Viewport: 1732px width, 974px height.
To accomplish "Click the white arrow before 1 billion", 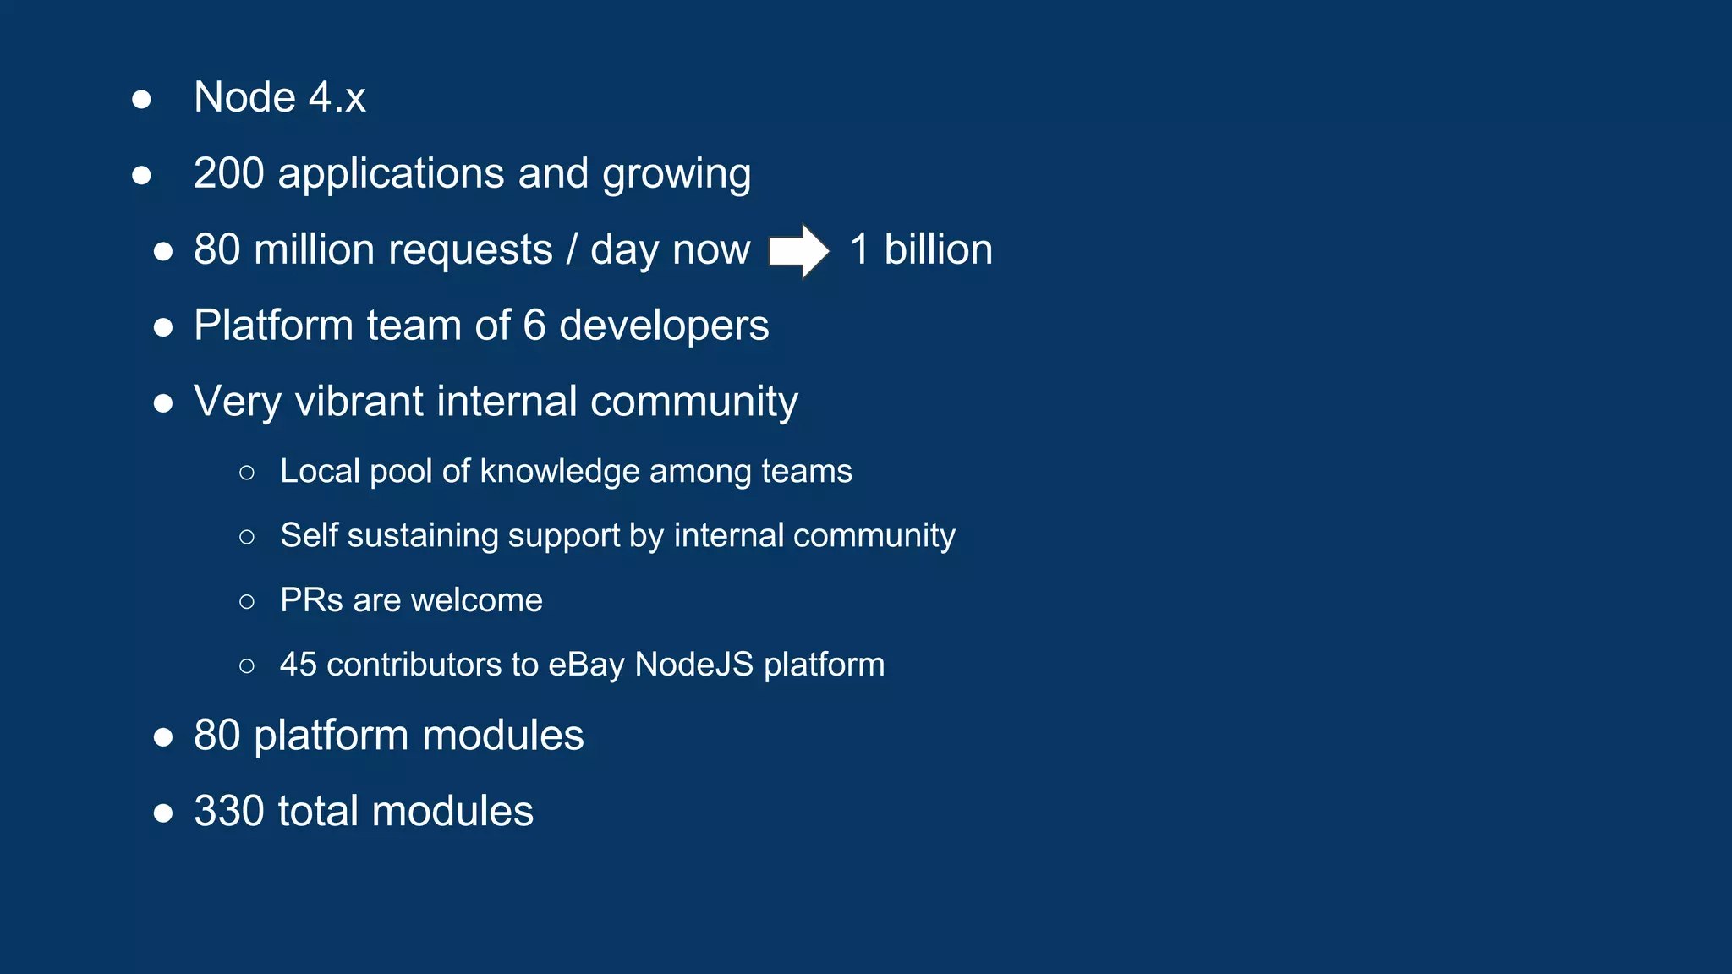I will (x=798, y=250).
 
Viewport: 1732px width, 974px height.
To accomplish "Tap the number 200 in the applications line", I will (x=228, y=173).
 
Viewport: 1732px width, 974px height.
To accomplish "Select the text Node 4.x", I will (x=279, y=97).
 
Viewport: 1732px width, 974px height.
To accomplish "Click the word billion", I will (x=938, y=249).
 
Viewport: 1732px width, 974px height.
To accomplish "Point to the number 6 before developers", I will (x=534, y=326).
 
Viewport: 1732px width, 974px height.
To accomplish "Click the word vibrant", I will (x=359, y=401).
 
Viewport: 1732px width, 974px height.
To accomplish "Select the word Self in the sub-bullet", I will (x=308, y=535).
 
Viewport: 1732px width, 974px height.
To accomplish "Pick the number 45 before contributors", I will (x=298, y=665).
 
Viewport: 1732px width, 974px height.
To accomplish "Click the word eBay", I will (x=586, y=665).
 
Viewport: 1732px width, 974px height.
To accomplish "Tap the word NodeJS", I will (x=693, y=665).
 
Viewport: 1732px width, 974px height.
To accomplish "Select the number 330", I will (x=228, y=811).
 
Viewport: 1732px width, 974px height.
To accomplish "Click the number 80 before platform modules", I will (x=216, y=735).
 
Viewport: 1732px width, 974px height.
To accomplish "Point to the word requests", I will (x=470, y=249).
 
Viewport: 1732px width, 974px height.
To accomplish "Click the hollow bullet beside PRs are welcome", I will (x=247, y=601).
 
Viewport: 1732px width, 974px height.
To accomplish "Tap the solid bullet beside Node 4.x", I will (x=142, y=99).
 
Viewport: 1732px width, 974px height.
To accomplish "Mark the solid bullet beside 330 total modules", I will (x=163, y=813).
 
